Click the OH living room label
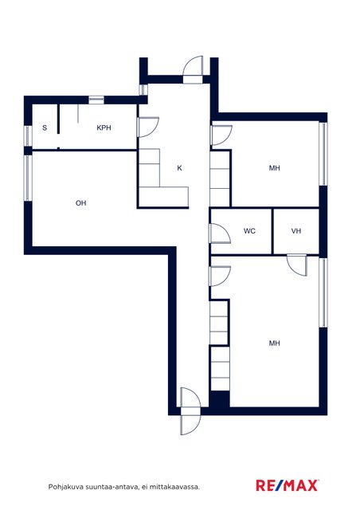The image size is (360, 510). tap(80, 203)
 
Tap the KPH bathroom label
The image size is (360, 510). tap(104, 127)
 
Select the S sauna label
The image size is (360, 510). tap(45, 127)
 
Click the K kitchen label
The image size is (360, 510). tap(179, 168)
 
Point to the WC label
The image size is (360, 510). tap(249, 231)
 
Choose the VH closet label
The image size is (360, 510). tap(296, 231)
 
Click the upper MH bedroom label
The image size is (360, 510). tap(275, 168)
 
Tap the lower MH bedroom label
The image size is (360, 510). tap(275, 343)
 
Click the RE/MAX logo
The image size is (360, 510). tap(288, 485)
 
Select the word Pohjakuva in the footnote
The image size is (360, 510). tap(63, 487)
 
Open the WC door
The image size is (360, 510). tap(220, 233)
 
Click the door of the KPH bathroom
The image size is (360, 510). tap(148, 127)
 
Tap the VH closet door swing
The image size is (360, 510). tap(297, 265)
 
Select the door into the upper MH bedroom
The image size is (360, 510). tap(221, 135)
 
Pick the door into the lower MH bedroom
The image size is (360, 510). tap(220, 277)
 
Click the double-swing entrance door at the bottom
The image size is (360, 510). tap(190, 411)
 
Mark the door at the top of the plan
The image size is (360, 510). tap(193, 69)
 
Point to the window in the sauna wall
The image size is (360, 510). tap(29, 135)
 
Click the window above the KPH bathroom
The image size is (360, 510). tap(96, 100)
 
